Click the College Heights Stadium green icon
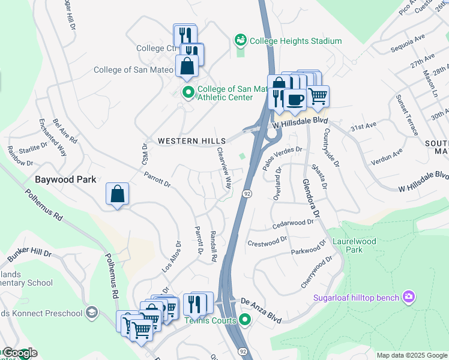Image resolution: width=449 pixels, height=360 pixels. click(x=241, y=41)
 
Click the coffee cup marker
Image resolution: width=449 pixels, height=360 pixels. click(x=295, y=98)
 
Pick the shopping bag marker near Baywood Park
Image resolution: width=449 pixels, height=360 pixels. click(x=118, y=194)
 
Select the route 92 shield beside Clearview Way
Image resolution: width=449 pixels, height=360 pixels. click(x=247, y=193)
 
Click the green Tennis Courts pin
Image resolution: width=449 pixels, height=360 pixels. click(x=244, y=318)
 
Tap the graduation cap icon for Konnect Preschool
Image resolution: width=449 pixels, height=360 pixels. click(x=91, y=313)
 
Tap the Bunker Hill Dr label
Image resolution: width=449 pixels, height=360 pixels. click(x=30, y=254)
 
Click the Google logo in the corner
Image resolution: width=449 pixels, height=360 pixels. click(x=19, y=353)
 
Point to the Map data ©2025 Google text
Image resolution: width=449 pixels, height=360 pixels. click(x=411, y=355)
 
